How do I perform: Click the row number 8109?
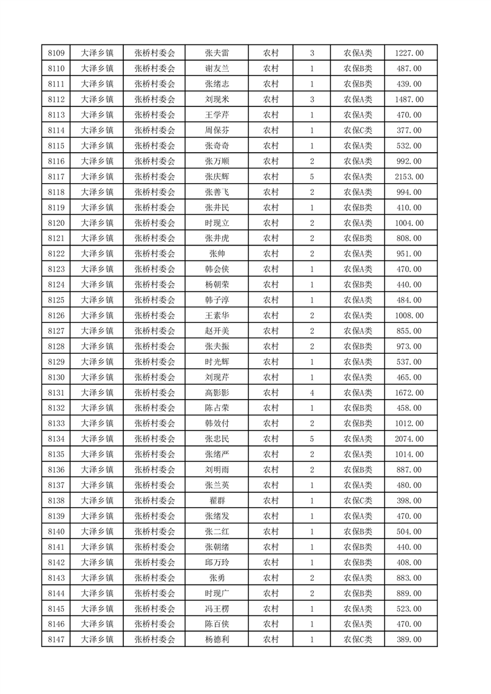(57, 53)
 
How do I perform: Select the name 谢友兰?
(217, 69)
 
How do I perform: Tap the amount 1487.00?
(409, 100)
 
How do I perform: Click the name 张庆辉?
(217, 177)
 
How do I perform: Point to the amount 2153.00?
(409, 177)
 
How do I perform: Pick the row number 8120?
(57, 223)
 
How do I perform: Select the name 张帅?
(217, 254)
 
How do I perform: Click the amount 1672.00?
(409, 393)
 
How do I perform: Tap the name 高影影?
(217, 393)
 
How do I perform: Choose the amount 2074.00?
(409, 439)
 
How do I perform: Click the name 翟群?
(217, 500)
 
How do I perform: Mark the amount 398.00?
(409, 500)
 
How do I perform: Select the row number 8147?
(57, 640)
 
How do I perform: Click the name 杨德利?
(217, 640)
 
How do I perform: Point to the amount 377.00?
(409, 131)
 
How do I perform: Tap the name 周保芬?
(217, 131)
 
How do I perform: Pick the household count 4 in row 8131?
(311, 393)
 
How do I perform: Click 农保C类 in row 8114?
(358, 131)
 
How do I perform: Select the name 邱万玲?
(217, 562)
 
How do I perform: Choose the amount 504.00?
(409, 531)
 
